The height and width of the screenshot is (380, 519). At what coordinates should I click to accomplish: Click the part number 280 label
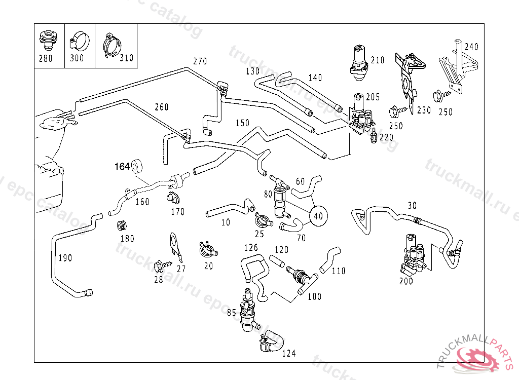(46, 58)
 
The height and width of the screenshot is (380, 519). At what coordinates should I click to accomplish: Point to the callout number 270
(200, 61)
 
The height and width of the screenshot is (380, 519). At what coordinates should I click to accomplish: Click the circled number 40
(318, 215)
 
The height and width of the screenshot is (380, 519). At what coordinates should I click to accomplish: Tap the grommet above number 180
(122, 225)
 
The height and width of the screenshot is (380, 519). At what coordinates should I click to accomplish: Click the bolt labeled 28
(157, 265)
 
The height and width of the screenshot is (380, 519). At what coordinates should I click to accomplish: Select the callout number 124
(289, 353)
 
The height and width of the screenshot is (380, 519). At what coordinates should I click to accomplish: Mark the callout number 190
(65, 258)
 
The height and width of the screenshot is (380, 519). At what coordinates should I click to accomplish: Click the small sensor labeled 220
(374, 135)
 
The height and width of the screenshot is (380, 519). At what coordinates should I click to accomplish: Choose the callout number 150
(242, 123)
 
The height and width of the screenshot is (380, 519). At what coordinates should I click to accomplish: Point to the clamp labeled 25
(263, 221)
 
